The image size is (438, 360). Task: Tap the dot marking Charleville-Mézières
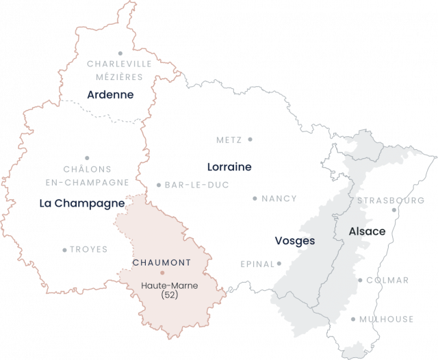click(120, 53)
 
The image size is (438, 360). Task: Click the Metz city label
click(229, 140)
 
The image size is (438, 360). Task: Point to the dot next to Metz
click(250, 139)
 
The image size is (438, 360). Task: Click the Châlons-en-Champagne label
click(87, 175)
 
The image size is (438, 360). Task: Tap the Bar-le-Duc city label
click(196, 185)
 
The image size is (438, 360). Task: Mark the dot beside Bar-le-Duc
click(158, 185)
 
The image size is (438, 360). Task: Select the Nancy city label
click(279, 198)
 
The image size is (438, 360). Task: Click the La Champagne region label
click(82, 203)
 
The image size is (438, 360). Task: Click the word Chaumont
click(157, 262)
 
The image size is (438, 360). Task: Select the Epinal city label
click(257, 263)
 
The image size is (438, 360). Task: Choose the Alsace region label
click(368, 231)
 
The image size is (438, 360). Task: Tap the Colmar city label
click(387, 280)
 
